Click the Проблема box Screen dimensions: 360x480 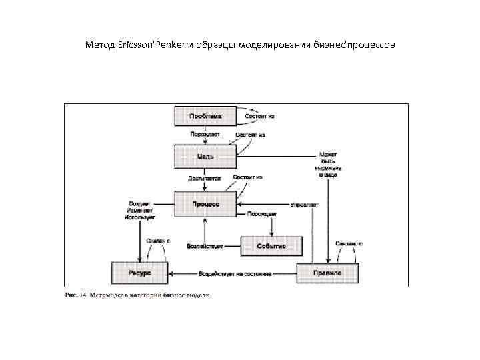205,116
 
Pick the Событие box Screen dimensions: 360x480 271,246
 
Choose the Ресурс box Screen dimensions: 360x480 139,273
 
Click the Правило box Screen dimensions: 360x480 327,273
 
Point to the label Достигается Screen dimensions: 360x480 204,179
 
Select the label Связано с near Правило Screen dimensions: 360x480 349,243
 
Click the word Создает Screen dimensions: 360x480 139,203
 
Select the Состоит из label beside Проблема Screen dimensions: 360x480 260,116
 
